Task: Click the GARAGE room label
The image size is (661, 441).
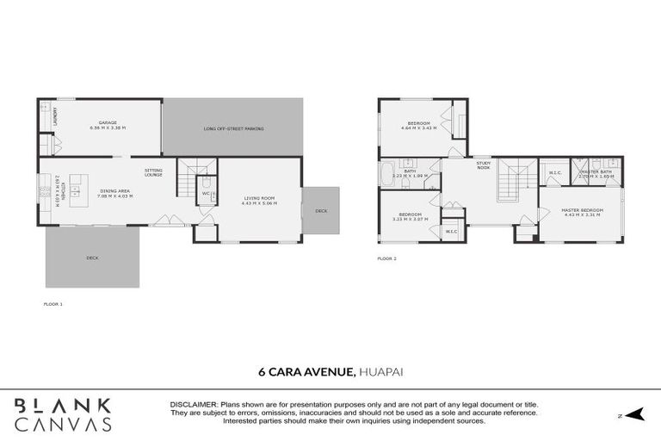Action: coord(108,123)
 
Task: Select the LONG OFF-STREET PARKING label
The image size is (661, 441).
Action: coord(233,128)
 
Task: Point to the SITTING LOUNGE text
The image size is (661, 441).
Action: coord(153,172)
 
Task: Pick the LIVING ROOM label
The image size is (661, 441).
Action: coord(258,199)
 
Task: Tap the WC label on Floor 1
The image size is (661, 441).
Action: coord(206,193)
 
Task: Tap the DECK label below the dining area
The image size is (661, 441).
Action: coord(92,257)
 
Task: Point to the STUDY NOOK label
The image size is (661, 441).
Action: coord(484,166)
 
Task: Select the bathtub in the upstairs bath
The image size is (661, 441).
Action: coord(387,172)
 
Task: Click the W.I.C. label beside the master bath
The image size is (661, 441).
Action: coord(555,172)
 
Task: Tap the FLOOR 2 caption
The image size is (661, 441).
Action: coord(386,258)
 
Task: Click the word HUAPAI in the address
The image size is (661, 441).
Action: coord(380,372)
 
